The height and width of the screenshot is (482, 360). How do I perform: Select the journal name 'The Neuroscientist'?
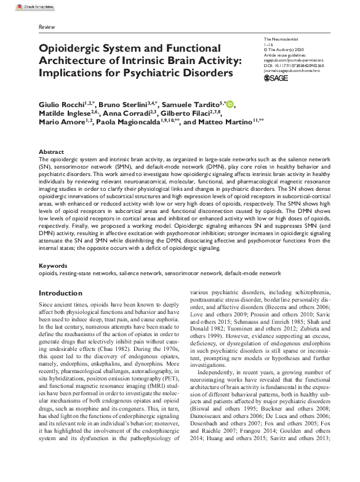click(x=281, y=39)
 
